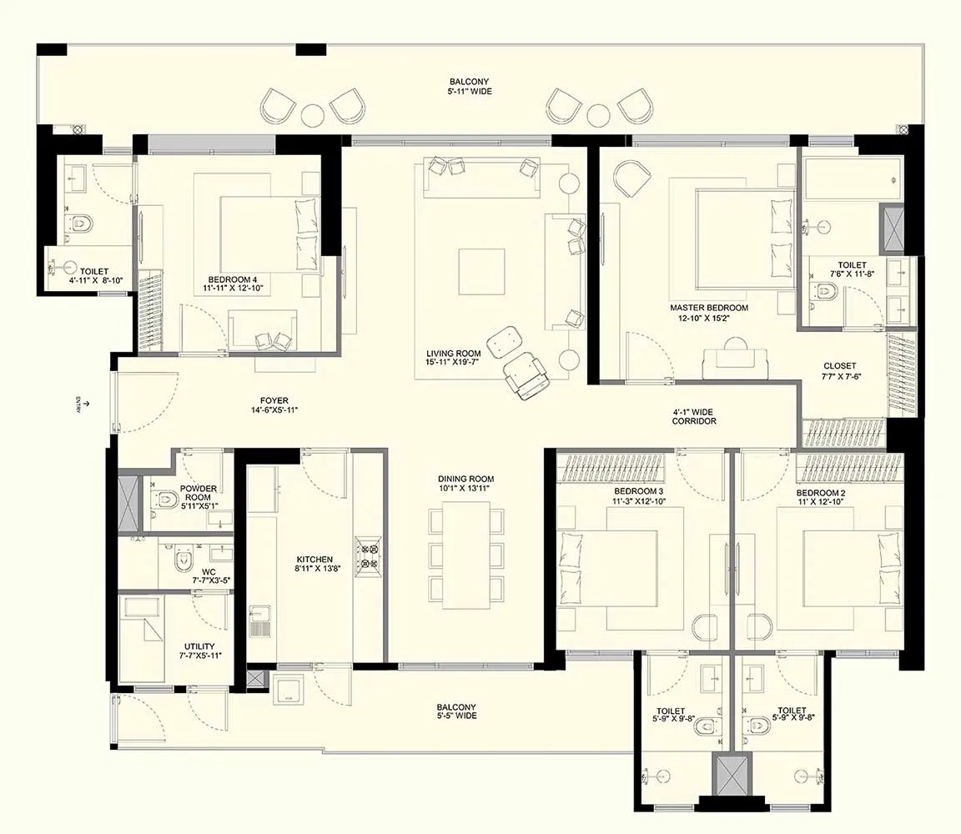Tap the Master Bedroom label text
[709, 308]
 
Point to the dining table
[465, 555]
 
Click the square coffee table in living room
[481, 271]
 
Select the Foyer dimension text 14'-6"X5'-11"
[274, 410]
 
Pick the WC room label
[209, 572]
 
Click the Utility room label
[199, 646]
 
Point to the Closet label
[840, 366]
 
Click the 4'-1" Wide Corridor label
[693, 417]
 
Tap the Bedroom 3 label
[638, 491]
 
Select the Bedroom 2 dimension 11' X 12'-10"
[821, 502]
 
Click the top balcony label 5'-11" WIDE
[470, 91]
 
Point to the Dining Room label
[465, 479]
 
